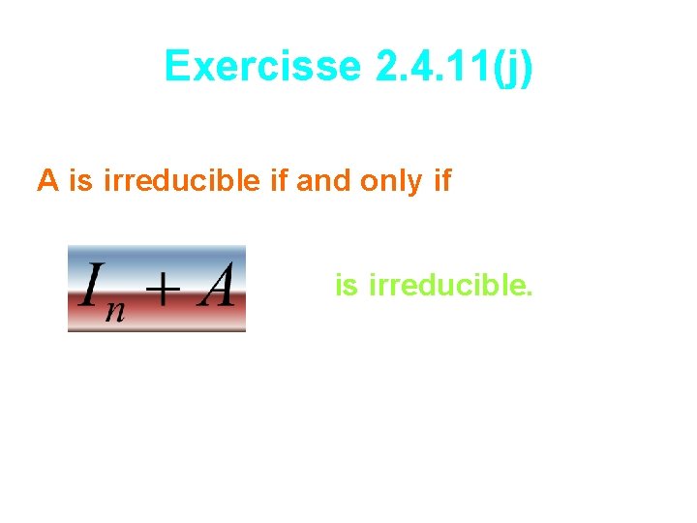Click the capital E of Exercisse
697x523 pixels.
(177, 67)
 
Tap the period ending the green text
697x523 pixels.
(529, 293)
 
